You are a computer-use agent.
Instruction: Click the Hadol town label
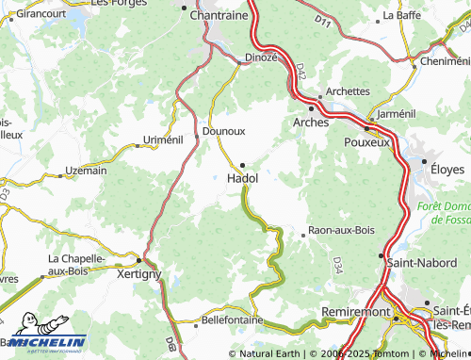click(x=243, y=177)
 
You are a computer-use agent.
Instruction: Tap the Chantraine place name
click(x=219, y=16)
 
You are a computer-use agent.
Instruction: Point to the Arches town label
click(x=312, y=123)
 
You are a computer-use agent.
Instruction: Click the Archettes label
click(x=348, y=91)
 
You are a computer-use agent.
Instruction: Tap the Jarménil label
click(x=395, y=113)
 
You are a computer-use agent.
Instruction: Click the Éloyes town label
click(x=447, y=170)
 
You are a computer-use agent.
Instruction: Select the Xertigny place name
click(x=138, y=273)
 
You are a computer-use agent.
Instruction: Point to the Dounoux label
click(x=224, y=133)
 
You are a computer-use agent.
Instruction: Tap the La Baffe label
click(x=400, y=16)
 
